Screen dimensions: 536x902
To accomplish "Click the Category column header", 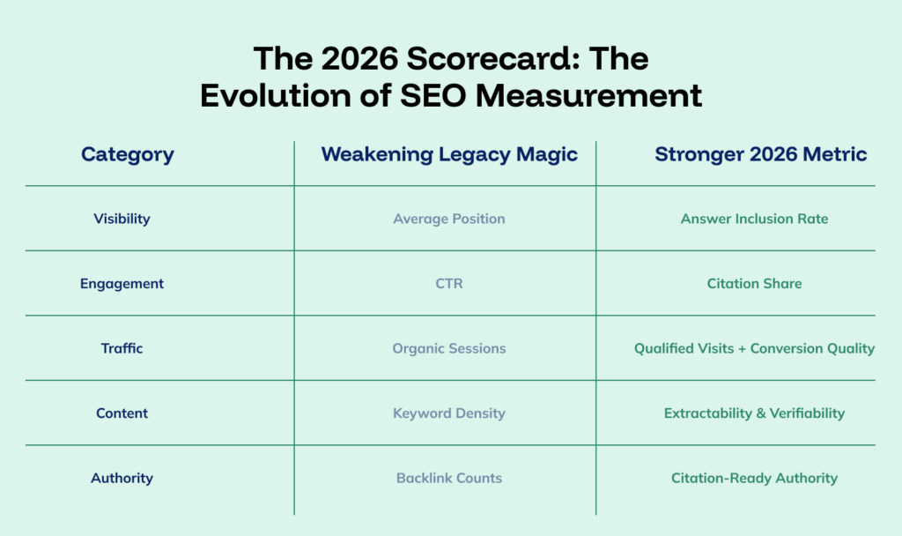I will coord(128,155).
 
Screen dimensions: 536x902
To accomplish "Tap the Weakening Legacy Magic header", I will coord(449,155).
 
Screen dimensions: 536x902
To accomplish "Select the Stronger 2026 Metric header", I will coord(760,155).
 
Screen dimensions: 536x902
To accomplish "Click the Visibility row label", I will coord(122,219).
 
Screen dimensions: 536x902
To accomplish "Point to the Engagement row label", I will coord(122,284).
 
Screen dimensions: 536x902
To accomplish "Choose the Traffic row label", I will coord(122,348).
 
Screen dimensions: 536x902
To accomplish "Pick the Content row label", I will coord(122,413).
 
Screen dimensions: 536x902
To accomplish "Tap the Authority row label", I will coord(122,479).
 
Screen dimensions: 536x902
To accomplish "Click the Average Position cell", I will coord(449,219).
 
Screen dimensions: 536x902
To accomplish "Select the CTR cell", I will coord(449,284).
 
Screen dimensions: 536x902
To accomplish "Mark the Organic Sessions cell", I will coord(449,348).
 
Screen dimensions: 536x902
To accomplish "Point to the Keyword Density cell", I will coord(449,413).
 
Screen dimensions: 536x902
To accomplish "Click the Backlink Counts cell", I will coord(449,479).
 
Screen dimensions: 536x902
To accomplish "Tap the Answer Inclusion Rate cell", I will coord(754,219).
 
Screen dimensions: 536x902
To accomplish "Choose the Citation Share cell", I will coord(754,284).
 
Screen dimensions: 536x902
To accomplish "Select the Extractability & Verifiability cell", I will coord(754,413).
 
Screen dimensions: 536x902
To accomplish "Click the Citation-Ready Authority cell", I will coord(754,479).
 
